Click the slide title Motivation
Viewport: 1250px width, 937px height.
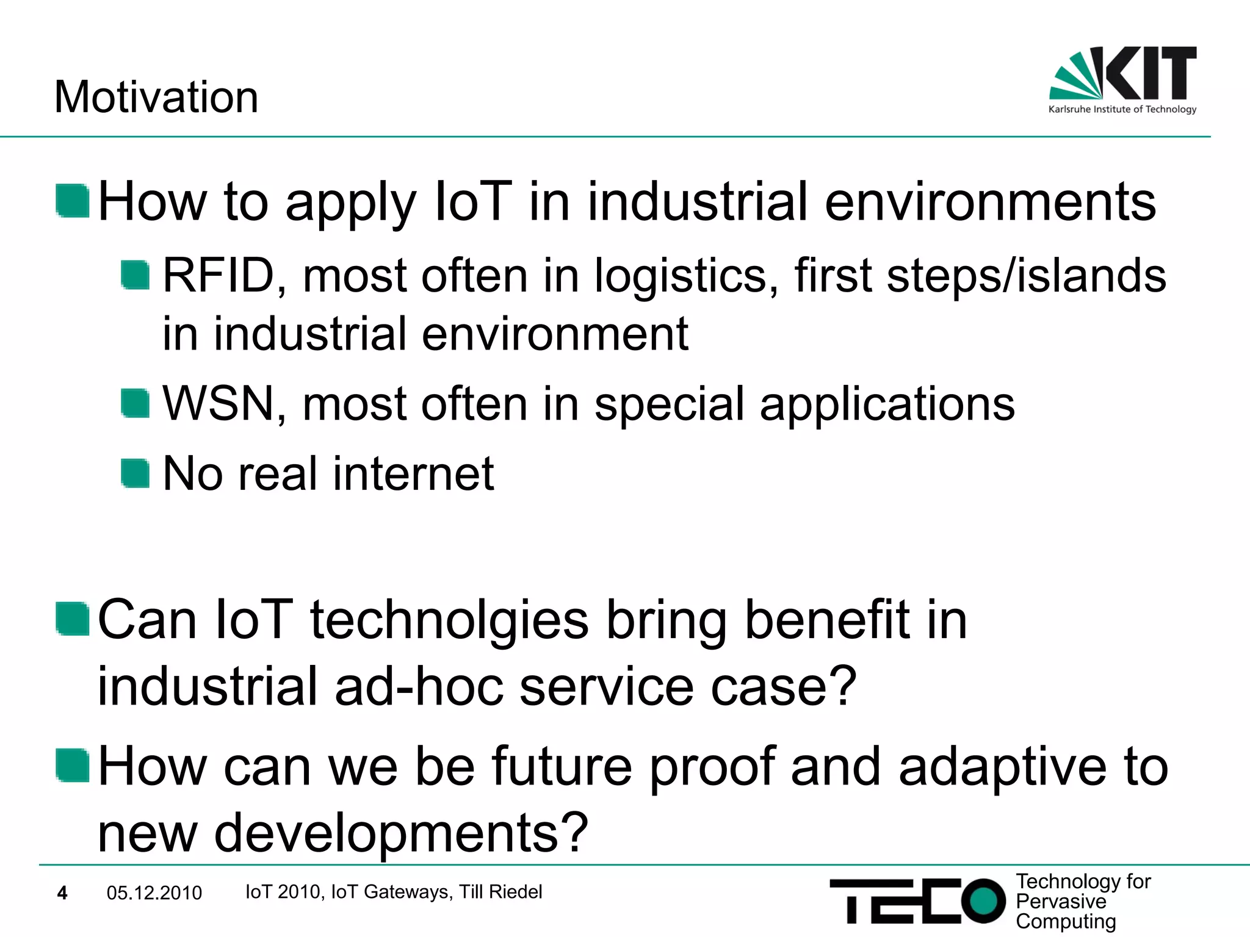(x=156, y=97)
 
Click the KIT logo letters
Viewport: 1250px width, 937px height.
(x=1151, y=73)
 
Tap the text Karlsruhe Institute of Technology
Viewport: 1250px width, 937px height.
(x=1122, y=110)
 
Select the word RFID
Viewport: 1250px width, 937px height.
(x=218, y=276)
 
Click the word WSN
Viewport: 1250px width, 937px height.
(x=218, y=404)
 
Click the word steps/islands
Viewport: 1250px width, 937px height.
(x=1026, y=276)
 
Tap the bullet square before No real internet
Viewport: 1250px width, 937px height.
(x=135, y=474)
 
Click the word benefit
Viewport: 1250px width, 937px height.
(x=827, y=620)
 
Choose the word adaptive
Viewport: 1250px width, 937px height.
(x=1002, y=768)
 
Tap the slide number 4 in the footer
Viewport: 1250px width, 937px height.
(x=62, y=893)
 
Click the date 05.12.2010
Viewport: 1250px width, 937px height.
(x=154, y=893)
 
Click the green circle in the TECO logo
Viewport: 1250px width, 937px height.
(x=983, y=900)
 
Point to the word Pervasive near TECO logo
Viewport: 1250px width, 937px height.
(x=1060, y=902)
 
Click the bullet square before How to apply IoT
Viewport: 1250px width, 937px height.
(x=73, y=201)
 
